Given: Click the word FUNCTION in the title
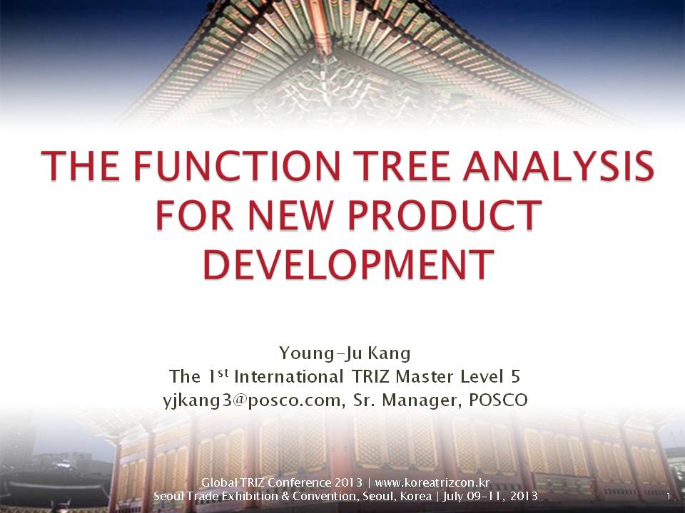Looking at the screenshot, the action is tap(237, 165).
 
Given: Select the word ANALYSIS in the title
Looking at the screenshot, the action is tap(559, 165).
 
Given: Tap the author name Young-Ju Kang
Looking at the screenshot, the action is tap(345, 353).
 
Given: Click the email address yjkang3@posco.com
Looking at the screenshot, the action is tap(252, 400).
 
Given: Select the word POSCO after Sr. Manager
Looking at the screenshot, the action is tap(498, 400).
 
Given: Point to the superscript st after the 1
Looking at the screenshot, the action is tap(223, 373).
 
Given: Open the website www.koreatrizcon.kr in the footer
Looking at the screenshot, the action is tap(432, 482).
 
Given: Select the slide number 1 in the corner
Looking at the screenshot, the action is tap(668, 497).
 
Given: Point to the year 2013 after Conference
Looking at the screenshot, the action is tap(349, 482).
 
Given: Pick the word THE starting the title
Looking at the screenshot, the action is tap(80, 165).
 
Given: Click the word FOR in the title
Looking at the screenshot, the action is tap(195, 214).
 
